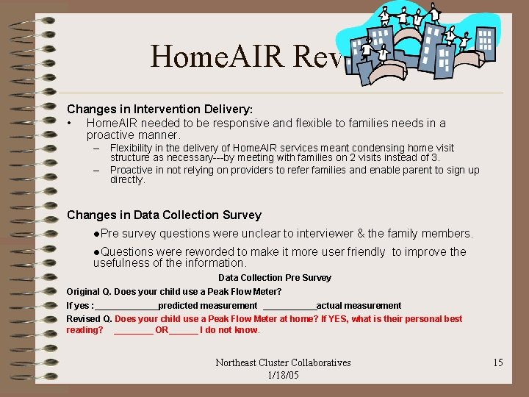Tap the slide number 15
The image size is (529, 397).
(x=497, y=362)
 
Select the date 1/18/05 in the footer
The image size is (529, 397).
(x=283, y=375)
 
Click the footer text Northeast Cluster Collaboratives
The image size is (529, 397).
(x=283, y=362)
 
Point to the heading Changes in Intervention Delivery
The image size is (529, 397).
(x=159, y=108)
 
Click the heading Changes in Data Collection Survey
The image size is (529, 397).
(x=164, y=215)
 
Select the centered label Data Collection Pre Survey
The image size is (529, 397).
(x=275, y=278)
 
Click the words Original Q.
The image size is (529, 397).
(x=89, y=292)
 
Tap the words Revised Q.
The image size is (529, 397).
(x=89, y=319)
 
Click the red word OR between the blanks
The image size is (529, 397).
(x=162, y=330)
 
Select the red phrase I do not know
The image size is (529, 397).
(x=230, y=330)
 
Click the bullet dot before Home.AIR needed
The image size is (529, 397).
(x=68, y=124)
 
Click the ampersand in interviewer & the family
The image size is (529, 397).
(x=361, y=234)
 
